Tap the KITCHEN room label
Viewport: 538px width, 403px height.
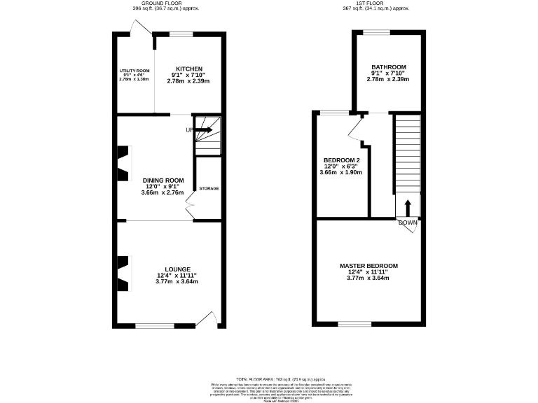coord(189,69)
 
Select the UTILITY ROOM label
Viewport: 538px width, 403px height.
coord(134,71)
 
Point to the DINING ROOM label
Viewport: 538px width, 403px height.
coord(163,180)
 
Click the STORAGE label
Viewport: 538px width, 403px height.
coord(209,189)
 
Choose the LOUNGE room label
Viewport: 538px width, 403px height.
coord(177,269)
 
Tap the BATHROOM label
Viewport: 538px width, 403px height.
coord(388,66)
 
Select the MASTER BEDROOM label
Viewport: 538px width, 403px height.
coord(368,266)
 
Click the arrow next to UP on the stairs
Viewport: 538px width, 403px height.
coord(204,129)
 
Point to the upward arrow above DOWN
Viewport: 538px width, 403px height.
coord(408,208)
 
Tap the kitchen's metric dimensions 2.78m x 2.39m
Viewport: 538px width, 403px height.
coord(188,81)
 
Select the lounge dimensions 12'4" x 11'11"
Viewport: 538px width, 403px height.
coord(177,276)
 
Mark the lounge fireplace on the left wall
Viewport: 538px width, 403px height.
coord(123,274)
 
